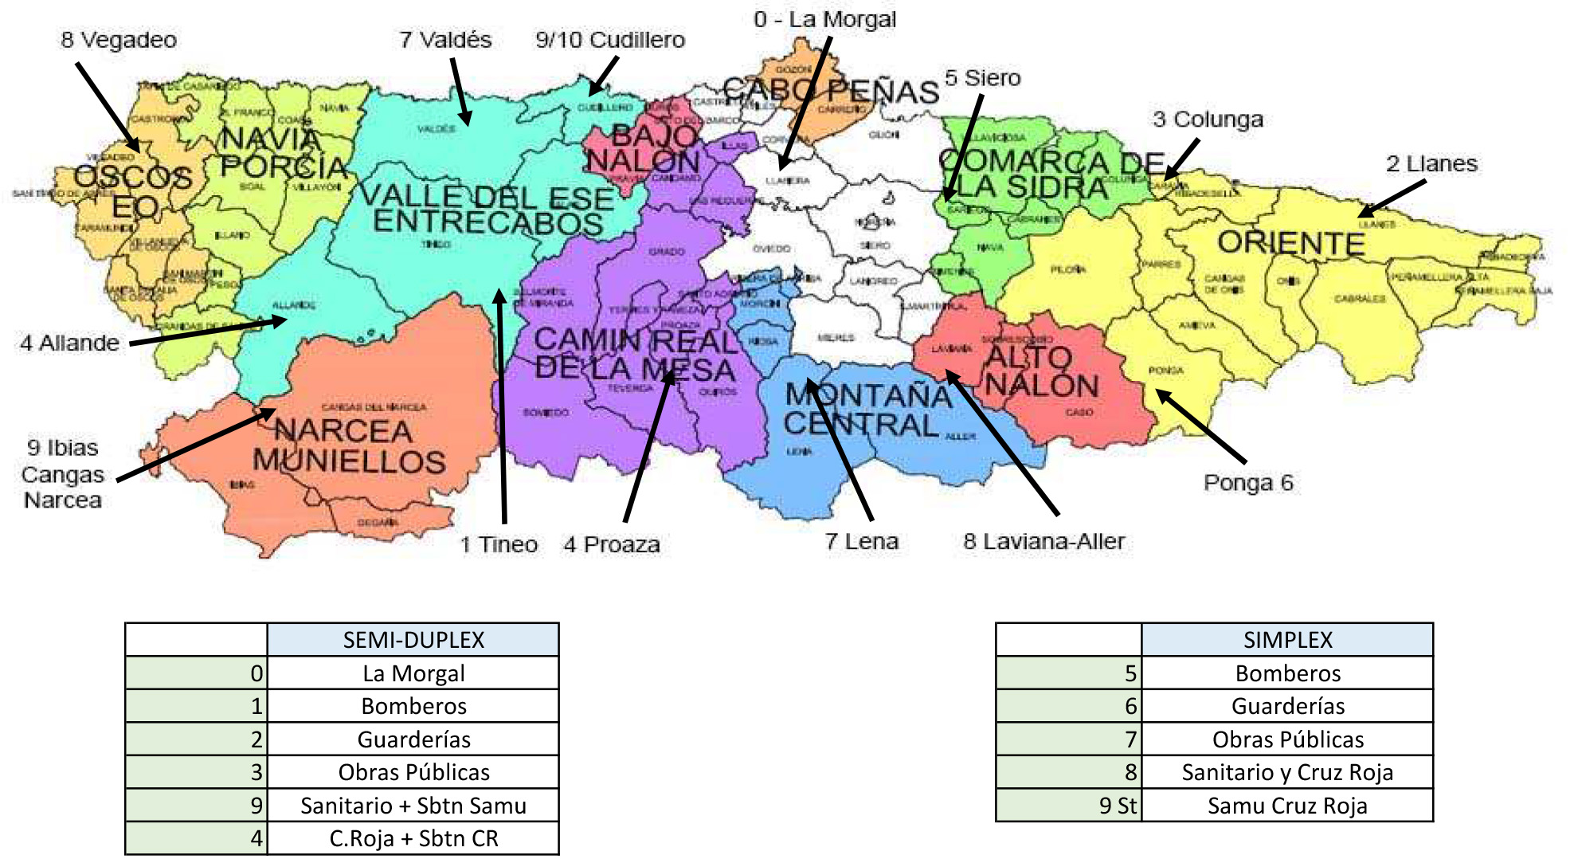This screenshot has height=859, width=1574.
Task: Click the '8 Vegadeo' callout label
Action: coord(119,40)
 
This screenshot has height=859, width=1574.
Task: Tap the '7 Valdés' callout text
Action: coord(445,40)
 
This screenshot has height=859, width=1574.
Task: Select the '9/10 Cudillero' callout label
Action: coord(610,40)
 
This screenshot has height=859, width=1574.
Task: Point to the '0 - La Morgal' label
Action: coord(824,19)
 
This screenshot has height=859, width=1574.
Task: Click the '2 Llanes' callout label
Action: coord(1431,164)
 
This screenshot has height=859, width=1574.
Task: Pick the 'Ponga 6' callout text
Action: coord(1248,483)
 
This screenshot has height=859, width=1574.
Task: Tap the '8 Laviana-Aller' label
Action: coord(1043,542)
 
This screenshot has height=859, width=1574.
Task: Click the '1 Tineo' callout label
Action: coord(499,545)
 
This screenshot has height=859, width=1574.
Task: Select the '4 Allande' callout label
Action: coord(70,343)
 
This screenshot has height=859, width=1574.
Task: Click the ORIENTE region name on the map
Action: coord(1290,243)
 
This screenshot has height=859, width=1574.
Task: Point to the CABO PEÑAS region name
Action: coord(831,92)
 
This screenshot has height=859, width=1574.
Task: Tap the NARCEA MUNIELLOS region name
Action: coord(347,446)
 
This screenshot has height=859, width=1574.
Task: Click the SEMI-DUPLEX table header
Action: coord(413,640)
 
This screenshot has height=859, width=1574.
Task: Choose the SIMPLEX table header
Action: coord(1287,640)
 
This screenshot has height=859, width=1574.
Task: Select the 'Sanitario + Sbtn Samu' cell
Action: coord(413,806)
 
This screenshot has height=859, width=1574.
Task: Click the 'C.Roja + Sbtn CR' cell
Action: coord(413,838)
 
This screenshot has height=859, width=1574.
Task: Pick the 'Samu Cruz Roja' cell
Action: coord(1287,806)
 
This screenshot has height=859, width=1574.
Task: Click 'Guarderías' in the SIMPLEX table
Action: coord(1287,706)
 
